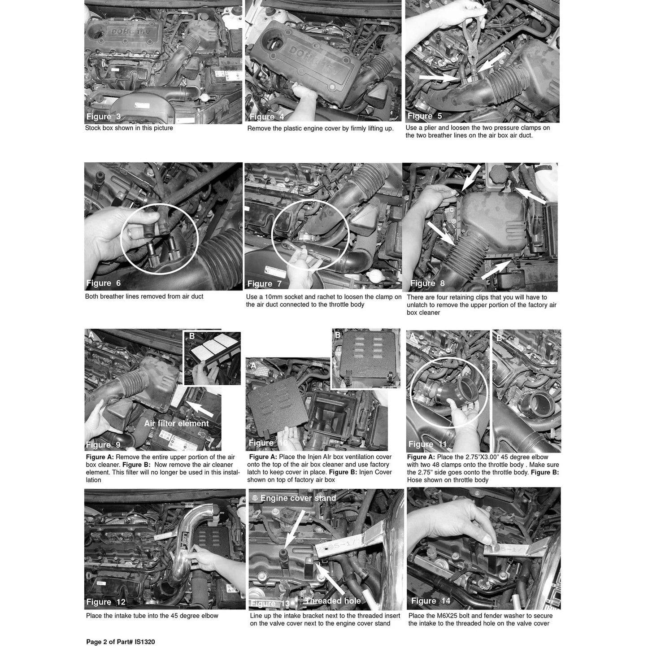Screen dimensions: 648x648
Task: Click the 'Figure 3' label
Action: [x=103, y=117]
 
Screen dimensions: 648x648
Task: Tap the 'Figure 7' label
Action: [x=264, y=284]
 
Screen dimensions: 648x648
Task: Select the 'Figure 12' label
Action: [x=105, y=602]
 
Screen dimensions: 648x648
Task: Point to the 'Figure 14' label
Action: [x=431, y=601]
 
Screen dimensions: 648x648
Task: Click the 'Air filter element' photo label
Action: [x=177, y=423]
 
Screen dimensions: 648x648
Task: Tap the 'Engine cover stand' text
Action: [x=298, y=498]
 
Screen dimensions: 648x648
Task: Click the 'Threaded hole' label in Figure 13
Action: [x=333, y=601]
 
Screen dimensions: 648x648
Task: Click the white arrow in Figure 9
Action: [x=200, y=409]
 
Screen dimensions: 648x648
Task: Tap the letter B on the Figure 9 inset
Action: [x=191, y=336]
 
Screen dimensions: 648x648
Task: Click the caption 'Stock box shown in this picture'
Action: [x=129, y=128]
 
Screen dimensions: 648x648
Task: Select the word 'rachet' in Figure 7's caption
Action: [x=308, y=297]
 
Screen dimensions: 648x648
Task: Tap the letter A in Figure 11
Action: [x=412, y=337]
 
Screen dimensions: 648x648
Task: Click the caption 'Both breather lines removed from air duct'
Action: [x=144, y=296]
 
